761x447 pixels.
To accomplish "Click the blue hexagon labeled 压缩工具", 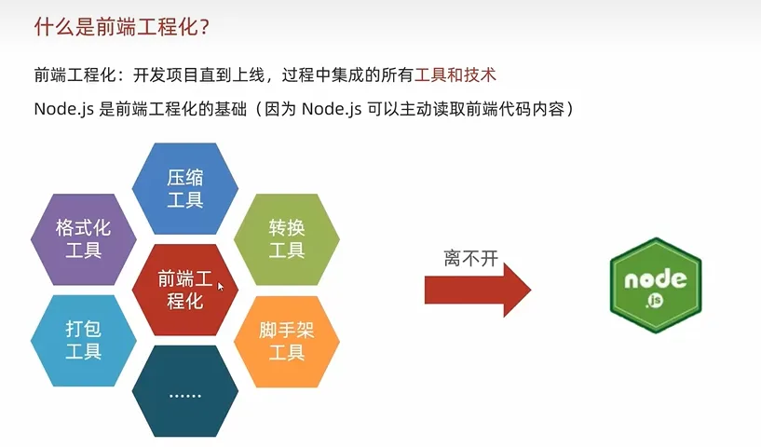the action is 185,188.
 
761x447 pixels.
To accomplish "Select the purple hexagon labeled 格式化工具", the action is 84,239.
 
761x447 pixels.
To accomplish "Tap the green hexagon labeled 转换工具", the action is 287,239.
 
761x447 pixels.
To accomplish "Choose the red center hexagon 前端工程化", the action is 185,290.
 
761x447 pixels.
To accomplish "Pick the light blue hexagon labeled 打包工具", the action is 84,341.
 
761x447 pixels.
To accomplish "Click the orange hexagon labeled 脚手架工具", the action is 287,341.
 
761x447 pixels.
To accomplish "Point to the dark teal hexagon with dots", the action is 185,391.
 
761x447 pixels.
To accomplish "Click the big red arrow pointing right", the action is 478,290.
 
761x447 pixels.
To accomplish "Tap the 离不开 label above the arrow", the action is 470,258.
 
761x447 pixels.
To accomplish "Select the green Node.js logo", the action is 656,285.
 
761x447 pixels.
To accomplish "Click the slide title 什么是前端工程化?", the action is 121,27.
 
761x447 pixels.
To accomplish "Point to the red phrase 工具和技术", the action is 455,75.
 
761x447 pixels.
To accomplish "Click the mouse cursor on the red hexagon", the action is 221,286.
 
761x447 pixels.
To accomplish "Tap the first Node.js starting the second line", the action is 63,109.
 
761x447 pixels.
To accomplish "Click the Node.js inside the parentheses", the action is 332,109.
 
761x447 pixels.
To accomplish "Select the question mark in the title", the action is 204,27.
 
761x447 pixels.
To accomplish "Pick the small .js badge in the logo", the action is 654,301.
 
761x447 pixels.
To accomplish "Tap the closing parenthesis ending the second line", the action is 570,109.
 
